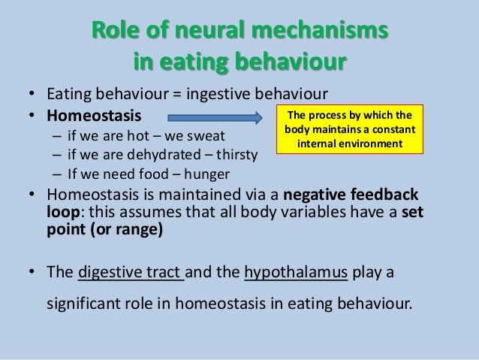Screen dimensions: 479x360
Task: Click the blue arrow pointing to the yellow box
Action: [214, 118]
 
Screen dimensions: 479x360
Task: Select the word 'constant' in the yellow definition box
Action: [390, 129]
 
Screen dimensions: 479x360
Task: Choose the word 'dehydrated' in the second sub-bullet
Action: [150, 156]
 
